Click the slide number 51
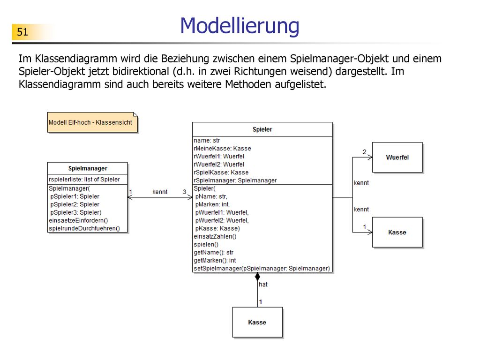pyautogui.click(x=22, y=32)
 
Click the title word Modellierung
pyautogui.click(x=240, y=26)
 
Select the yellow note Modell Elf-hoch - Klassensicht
pyautogui.click(x=92, y=122)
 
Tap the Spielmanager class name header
pyautogui.click(x=88, y=168)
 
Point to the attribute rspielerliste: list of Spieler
pyautogui.click(x=84, y=180)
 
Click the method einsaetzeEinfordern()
pyautogui.click(x=78, y=220)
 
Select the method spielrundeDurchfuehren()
pyautogui.click(x=84, y=228)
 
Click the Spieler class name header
pyautogui.click(x=262, y=129)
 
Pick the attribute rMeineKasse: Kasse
pyautogui.click(x=222, y=149)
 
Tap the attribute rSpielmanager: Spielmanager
pyautogui.click(x=235, y=180)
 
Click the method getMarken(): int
pyautogui.click(x=215, y=261)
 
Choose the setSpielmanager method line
pyautogui.click(x=262, y=269)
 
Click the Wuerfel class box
pyautogui.click(x=397, y=157)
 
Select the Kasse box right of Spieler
pyautogui.click(x=397, y=232)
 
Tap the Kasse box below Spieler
pyautogui.click(x=257, y=322)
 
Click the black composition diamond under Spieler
pyautogui.click(x=257, y=277)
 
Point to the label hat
pyautogui.click(x=263, y=285)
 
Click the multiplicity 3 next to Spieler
pyautogui.click(x=185, y=192)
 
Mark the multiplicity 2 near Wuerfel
pyautogui.click(x=364, y=152)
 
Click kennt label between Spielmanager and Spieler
pyautogui.click(x=160, y=192)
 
